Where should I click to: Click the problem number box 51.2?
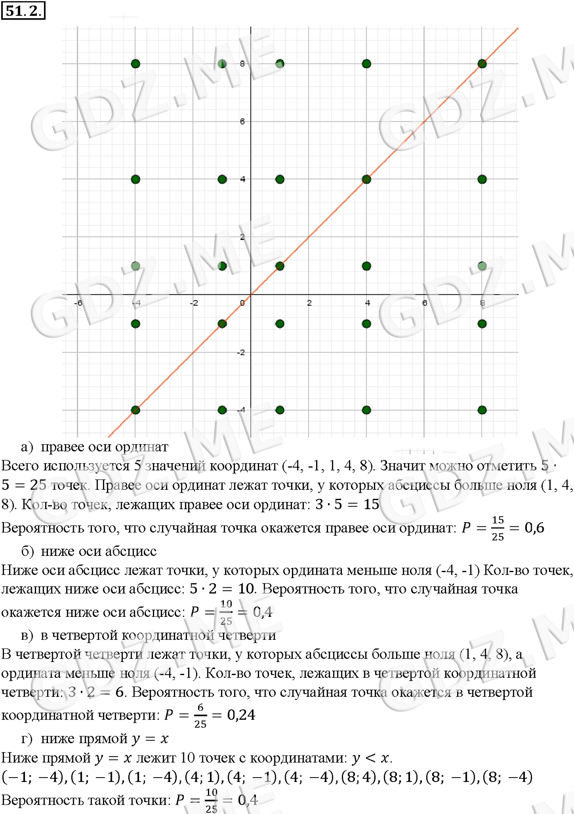(23, 10)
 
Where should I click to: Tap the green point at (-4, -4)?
(136, 410)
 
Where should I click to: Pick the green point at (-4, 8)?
(136, 64)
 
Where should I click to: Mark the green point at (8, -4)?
(482, 410)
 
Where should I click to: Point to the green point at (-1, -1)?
(222, 324)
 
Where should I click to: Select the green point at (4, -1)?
(367, 324)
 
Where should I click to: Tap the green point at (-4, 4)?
(136, 179)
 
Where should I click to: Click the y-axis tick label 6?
(242, 121)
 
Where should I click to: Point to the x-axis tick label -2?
(194, 303)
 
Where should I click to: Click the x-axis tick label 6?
(425, 303)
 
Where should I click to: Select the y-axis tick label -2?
(241, 352)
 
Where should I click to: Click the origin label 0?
(242, 303)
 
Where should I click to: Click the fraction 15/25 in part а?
(498, 528)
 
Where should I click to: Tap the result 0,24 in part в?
(241, 715)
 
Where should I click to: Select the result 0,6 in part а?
(534, 528)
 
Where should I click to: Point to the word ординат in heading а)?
(142, 447)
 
